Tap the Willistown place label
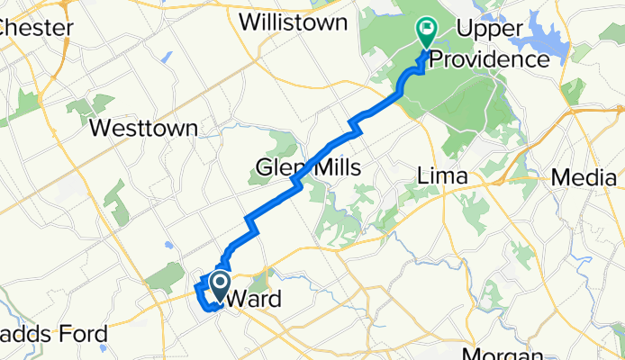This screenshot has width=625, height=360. coord(293,22)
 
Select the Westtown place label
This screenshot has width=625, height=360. coord(144,129)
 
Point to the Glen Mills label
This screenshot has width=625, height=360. coord(308,168)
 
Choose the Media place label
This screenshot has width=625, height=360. coord(583,177)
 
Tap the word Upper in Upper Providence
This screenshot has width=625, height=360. coord(490,31)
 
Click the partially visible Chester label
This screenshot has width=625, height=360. coord(36,28)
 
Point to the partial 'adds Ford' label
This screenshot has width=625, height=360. coord(53,335)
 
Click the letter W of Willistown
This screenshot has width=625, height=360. coord(249,22)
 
